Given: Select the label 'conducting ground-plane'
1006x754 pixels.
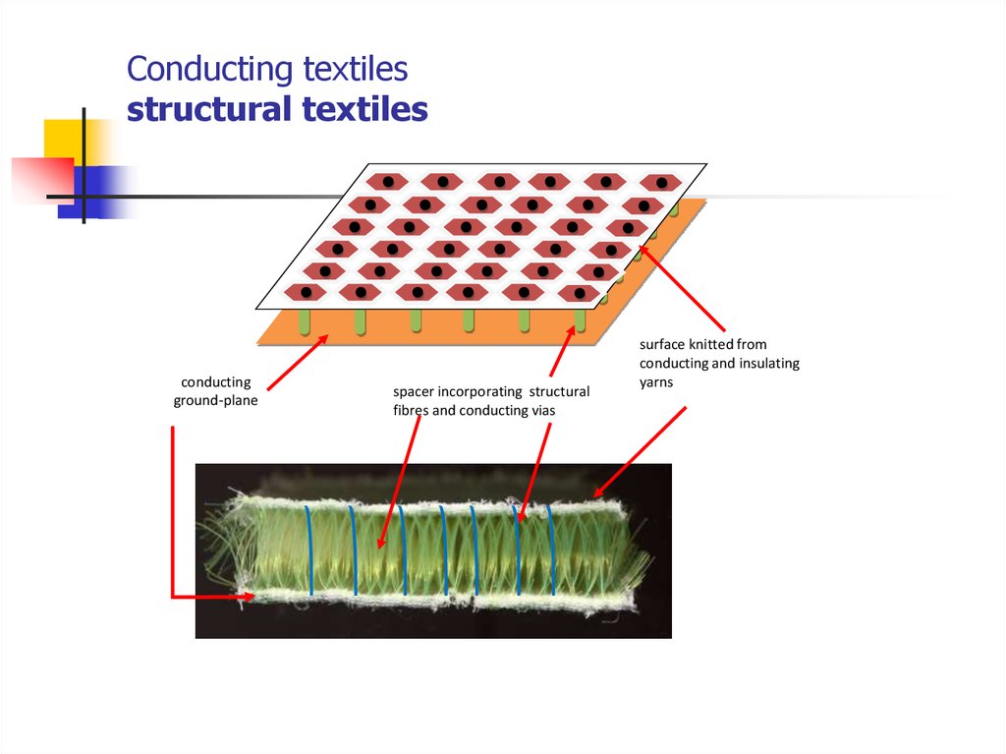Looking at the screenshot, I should click(x=215, y=391).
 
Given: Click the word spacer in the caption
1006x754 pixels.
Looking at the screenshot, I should click(x=416, y=392).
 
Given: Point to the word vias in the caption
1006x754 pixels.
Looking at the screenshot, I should click(x=541, y=411).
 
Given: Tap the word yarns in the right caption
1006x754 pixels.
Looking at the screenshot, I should click(x=656, y=381).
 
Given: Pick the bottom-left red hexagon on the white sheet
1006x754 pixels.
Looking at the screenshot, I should click(x=306, y=293).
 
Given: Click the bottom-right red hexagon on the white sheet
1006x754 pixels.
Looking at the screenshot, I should click(x=579, y=293).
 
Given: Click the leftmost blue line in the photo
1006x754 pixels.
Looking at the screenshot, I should click(x=309, y=551).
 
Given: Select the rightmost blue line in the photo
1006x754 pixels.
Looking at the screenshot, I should click(x=553, y=551).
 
